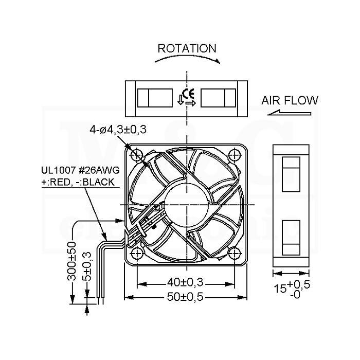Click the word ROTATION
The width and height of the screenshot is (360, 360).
[x=187, y=48]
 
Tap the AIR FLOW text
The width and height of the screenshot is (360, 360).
[x=290, y=101]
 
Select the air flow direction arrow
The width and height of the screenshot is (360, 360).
[x=289, y=113]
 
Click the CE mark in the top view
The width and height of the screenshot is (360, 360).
[x=188, y=94]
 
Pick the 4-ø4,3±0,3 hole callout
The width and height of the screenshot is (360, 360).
[x=118, y=130]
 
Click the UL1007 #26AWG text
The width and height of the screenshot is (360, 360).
[x=80, y=170]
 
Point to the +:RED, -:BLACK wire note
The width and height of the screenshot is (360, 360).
[x=78, y=182]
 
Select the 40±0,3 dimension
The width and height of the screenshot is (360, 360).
[x=185, y=282]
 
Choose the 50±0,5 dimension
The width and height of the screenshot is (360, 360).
[x=185, y=297]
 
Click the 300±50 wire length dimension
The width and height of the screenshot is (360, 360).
[x=71, y=261]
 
